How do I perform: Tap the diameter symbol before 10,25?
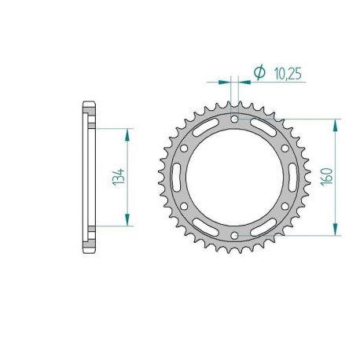pyautogui.click(x=259, y=73)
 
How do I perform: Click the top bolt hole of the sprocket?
pyautogui.click(x=236, y=119)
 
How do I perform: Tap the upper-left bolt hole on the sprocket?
pyautogui.click(x=186, y=147)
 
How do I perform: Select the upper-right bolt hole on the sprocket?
pyautogui.click(x=285, y=147)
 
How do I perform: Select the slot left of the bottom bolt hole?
pyautogui.click(x=207, y=226)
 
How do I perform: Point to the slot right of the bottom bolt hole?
pyautogui.click(x=265, y=226)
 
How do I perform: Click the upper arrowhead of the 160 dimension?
pyautogui.click(x=337, y=123)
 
